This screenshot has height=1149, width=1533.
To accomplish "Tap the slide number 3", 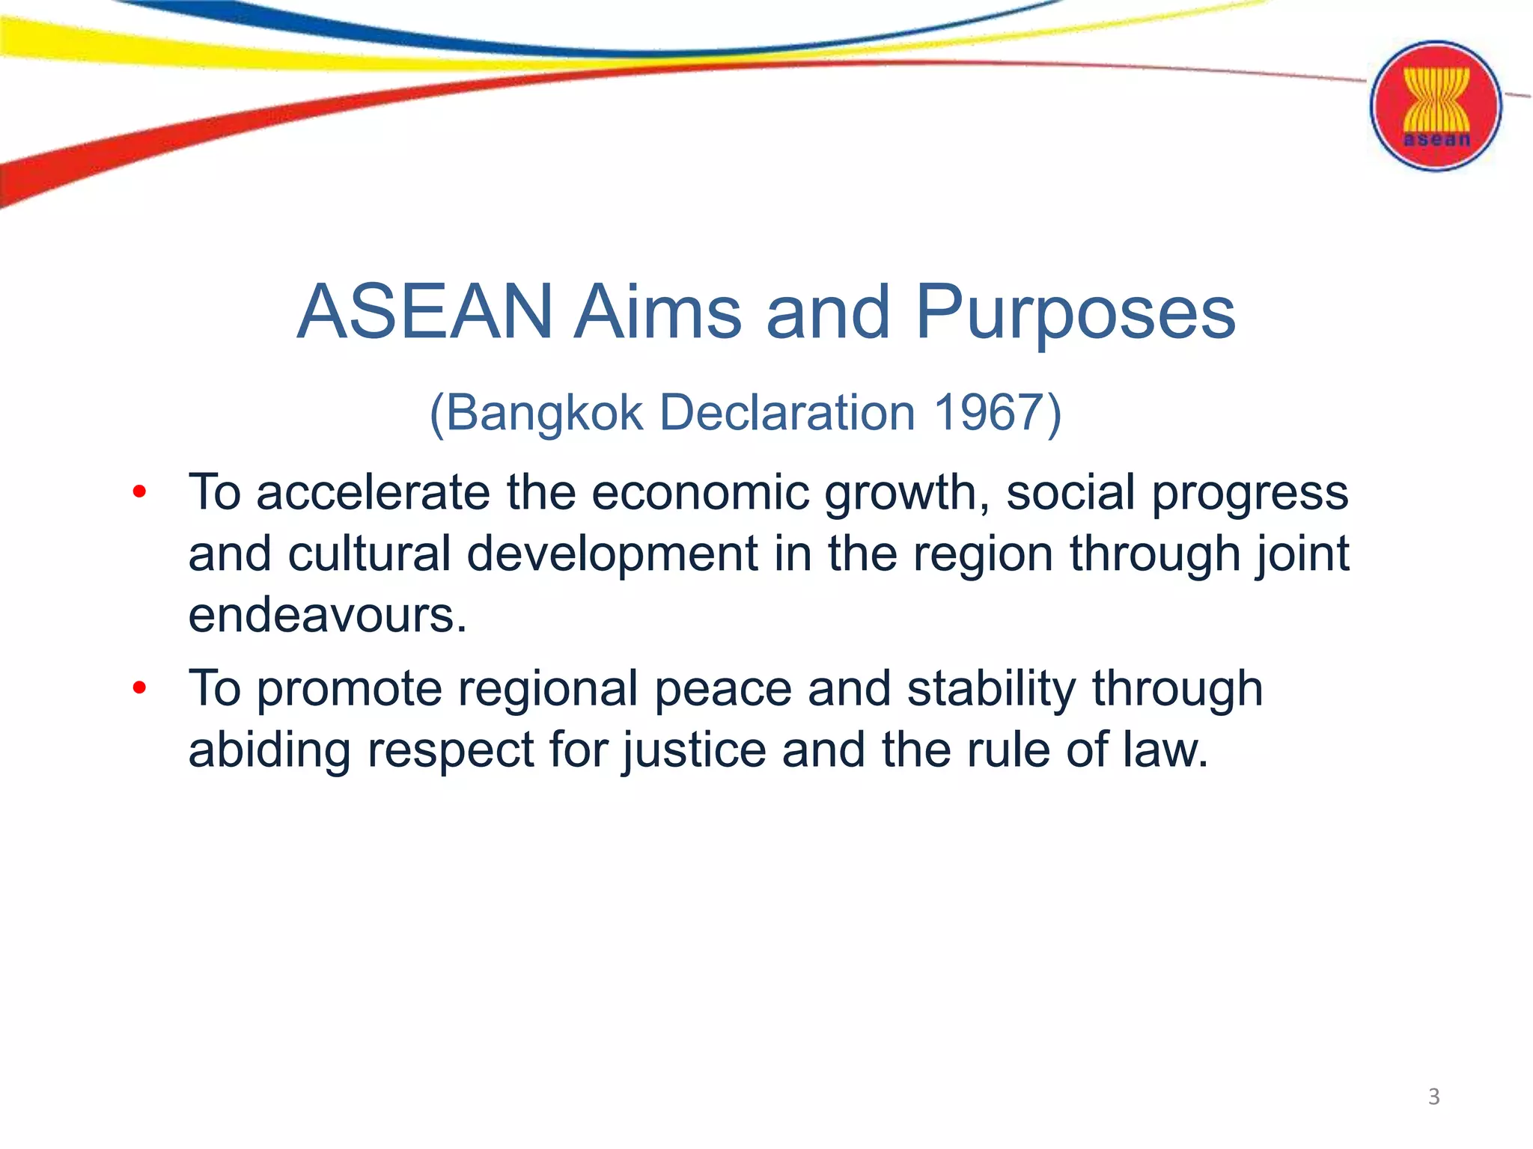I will (1433, 1097).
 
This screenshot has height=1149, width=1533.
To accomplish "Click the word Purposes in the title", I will (1075, 313).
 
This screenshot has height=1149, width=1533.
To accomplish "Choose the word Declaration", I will (787, 412).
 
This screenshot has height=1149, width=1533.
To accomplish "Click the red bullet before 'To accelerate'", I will (139, 492).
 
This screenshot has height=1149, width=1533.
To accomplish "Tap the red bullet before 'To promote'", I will (139, 687).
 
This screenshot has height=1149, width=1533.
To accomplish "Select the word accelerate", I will (374, 494).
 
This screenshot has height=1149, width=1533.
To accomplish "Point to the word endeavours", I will (327, 616).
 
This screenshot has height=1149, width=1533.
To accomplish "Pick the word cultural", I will (369, 554).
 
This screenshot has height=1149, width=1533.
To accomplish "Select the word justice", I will (695, 751).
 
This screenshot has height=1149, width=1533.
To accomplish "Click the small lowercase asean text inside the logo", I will (1436, 140).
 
